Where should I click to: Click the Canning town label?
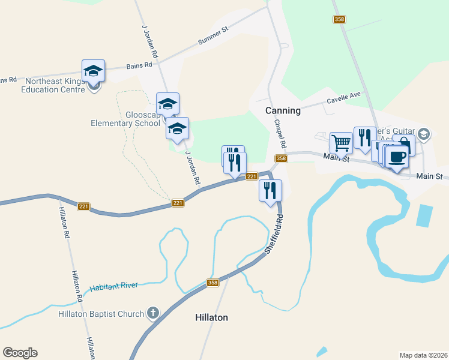click(283, 111)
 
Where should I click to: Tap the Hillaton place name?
click(212, 317)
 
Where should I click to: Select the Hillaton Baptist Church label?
click(101, 314)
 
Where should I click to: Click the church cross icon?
click(153, 313)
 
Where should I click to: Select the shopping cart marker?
click(341, 143)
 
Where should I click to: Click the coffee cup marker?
click(397, 158)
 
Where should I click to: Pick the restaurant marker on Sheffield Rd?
click(270, 191)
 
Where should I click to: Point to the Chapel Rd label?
click(280, 134)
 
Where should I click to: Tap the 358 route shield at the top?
click(340, 20)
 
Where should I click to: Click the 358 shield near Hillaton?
click(212, 283)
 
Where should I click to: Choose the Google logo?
click(20, 353)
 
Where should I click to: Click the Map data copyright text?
click(423, 355)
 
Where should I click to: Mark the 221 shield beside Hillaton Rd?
click(83, 206)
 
